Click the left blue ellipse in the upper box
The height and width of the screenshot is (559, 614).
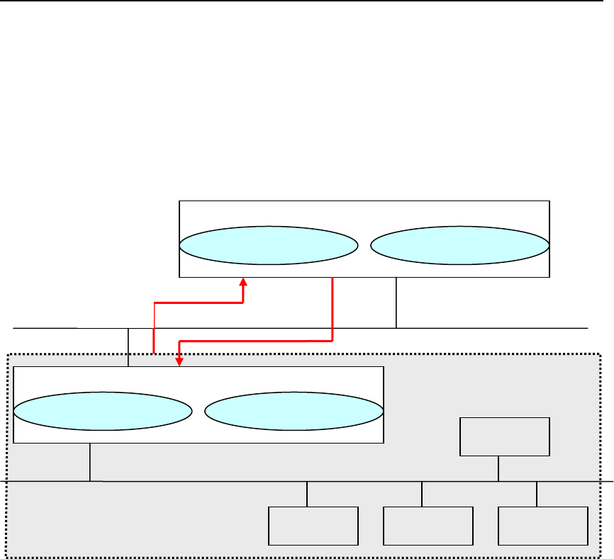(x=268, y=246)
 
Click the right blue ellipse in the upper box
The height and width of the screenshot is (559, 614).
(x=459, y=246)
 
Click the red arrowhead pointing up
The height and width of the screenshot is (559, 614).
(x=243, y=282)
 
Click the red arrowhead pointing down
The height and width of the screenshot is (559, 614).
(x=179, y=361)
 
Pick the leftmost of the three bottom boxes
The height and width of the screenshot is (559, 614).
(x=313, y=526)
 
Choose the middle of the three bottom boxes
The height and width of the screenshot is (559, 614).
(x=428, y=526)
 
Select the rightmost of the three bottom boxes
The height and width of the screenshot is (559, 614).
(x=543, y=526)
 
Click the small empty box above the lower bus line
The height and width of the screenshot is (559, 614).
(x=504, y=436)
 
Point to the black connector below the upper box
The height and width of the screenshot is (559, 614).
(x=396, y=303)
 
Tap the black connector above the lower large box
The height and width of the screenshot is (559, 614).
(x=128, y=347)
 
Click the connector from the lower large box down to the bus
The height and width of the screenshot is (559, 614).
(x=90, y=462)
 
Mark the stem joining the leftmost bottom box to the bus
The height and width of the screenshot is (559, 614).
(x=307, y=494)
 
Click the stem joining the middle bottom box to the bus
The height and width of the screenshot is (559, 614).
(x=422, y=494)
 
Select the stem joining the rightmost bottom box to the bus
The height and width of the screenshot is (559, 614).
(x=537, y=494)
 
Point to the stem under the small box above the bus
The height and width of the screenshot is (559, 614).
(x=499, y=468)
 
